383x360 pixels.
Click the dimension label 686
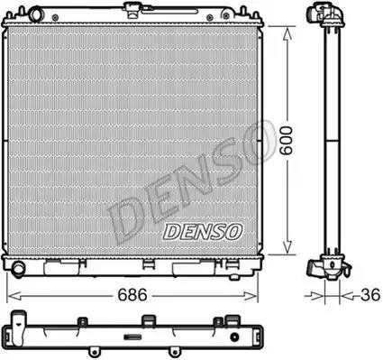point(132,295)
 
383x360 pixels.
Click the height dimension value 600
point(286,141)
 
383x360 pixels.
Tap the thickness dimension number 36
point(370,295)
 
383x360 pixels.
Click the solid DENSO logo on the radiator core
point(203,232)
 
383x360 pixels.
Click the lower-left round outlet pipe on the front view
point(18,268)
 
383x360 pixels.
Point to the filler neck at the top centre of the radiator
point(131,8)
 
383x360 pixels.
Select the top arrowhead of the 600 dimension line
point(287,34)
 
